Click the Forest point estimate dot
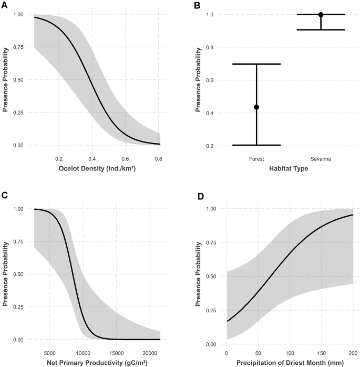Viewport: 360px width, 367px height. point(257,107)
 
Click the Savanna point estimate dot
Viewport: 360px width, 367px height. point(321,15)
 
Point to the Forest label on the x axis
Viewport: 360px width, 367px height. point(257,157)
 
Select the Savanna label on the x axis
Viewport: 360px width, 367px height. point(321,157)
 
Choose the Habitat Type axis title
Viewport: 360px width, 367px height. point(289,169)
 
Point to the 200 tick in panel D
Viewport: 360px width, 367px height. point(351,352)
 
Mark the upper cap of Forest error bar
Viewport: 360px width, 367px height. point(257,64)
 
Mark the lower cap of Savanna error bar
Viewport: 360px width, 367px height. point(321,29)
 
